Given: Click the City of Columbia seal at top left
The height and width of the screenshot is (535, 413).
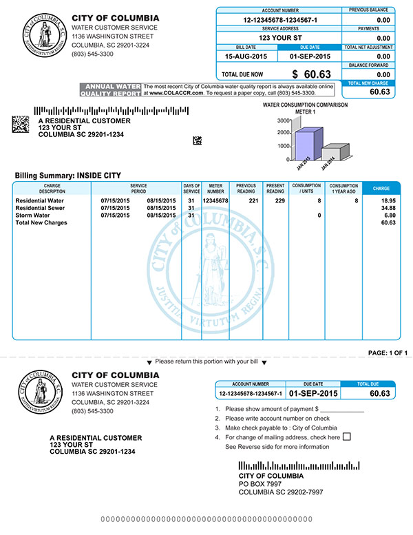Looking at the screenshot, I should pyautogui.click(x=42, y=34).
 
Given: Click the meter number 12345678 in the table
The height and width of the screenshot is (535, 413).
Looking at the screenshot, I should pyautogui.click(x=215, y=200).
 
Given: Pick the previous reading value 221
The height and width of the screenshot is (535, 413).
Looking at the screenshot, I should pyautogui.click(x=252, y=200).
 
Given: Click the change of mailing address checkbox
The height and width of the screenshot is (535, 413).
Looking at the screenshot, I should pyautogui.click(x=346, y=437).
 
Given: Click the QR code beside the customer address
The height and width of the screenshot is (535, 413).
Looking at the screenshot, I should pyautogui.click(x=21, y=125).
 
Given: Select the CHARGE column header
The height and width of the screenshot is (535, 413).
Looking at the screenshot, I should pyautogui.click(x=381, y=188).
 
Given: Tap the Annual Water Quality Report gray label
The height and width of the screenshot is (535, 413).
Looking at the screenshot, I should pyautogui.click(x=110, y=90).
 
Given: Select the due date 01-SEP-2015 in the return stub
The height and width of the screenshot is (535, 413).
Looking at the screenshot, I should pyautogui.click(x=314, y=394).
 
